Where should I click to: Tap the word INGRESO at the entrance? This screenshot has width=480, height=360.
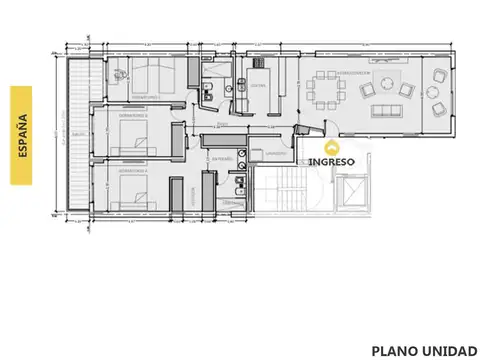coord(331,160)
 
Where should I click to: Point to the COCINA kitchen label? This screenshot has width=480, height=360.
coord(257,85)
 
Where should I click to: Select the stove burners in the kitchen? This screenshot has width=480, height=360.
coord(243,84)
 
